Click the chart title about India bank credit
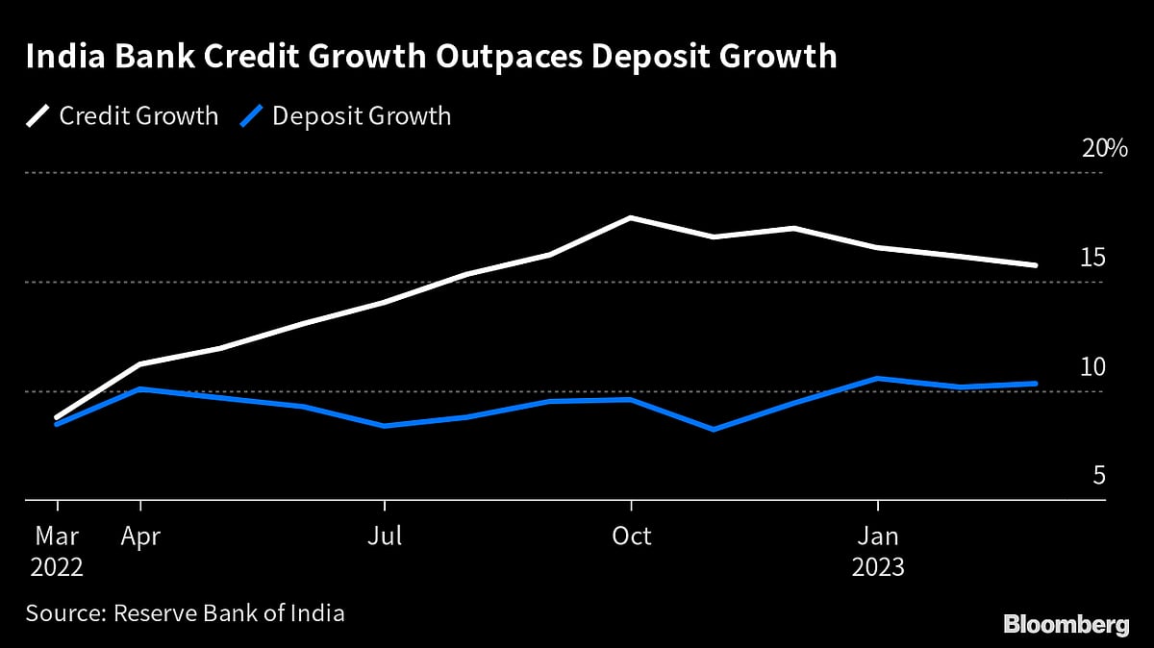click(431, 57)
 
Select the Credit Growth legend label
click(138, 116)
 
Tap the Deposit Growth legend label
click(362, 116)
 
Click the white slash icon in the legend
click(38, 116)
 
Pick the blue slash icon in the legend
click(251, 116)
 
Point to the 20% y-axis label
click(1104, 149)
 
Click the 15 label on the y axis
click(1093, 258)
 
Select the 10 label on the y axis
click(1093, 367)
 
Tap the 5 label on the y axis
click(1099, 477)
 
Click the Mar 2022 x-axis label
click(57, 551)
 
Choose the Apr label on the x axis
click(141, 536)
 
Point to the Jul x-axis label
click(385, 536)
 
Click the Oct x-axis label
click(631, 536)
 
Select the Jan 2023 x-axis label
click(877, 551)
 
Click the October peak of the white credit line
click(631, 218)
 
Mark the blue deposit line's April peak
click(141, 389)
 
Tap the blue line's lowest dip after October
click(713, 429)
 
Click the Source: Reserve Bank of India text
click(185, 612)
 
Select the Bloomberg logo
click(1066, 624)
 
